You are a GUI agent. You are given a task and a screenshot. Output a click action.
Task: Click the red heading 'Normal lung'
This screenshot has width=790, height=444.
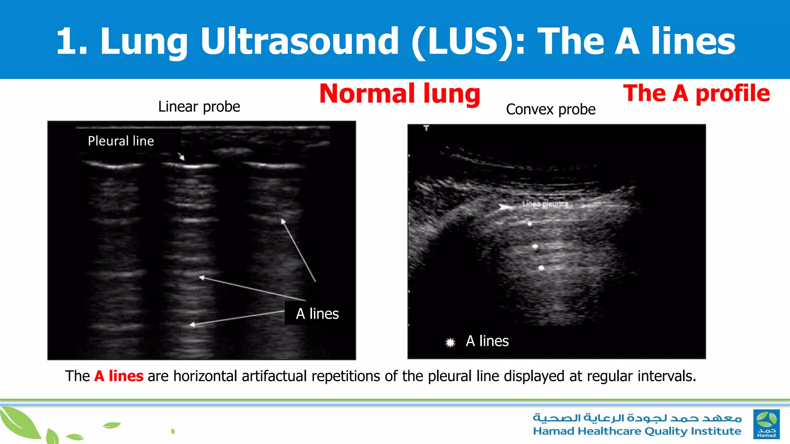400,94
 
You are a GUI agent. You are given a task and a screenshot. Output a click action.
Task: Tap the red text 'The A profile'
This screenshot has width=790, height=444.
696,94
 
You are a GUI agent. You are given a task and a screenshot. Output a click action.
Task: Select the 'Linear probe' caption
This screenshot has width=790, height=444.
199,107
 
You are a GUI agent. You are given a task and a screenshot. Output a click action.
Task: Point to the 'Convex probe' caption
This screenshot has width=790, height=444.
550,109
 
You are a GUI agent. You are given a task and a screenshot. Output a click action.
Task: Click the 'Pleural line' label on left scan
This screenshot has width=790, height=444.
121,141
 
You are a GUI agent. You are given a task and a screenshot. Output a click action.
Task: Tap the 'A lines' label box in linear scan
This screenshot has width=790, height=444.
317,314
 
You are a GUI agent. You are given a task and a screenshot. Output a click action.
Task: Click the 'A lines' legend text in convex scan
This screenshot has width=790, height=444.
487,341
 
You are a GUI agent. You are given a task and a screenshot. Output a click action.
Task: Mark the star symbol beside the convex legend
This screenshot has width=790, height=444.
450,342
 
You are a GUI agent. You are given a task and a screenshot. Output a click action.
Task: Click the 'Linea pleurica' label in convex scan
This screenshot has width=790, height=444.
545,204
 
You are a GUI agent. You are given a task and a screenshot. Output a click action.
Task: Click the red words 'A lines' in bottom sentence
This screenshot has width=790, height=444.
119,376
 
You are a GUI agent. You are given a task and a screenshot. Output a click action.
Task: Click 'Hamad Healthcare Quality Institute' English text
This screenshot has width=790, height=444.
637,431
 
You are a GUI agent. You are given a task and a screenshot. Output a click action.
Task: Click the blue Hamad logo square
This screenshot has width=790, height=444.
766,424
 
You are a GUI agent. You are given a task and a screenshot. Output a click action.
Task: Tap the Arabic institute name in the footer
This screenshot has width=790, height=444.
637,418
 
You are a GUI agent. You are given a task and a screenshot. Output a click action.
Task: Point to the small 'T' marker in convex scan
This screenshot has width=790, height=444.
426,128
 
